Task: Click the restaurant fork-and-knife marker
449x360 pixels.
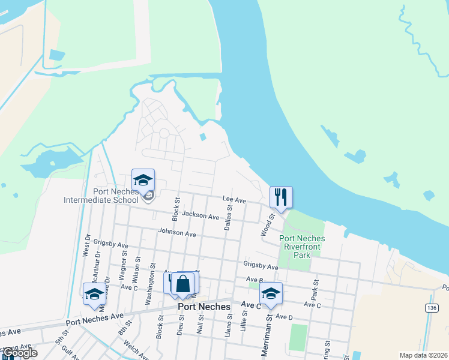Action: tap(281, 197)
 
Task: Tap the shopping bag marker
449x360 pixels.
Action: tap(183, 284)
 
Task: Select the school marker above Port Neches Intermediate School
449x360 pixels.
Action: tap(143, 180)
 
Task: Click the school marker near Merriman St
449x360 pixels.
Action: tap(271, 293)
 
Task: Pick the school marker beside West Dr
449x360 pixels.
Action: tap(94, 294)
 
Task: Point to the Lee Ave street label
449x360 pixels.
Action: tap(234, 199)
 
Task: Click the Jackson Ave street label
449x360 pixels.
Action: tap(200, 215)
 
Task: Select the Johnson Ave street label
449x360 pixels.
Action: tap(177, 232)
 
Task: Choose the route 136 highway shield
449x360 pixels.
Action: tap(430, 307)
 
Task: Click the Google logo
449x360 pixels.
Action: tap(19, 353)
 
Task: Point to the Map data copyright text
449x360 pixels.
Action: tap(423, 355)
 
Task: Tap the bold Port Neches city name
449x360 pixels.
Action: tap(204, 307)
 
